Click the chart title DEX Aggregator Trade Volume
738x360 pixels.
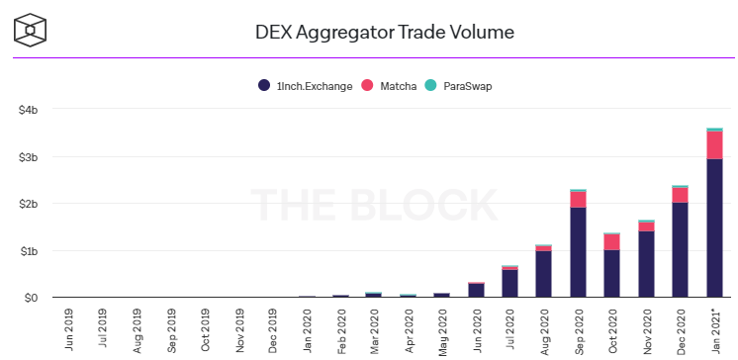coord(384,32)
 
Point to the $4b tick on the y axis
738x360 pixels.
coord(28,110)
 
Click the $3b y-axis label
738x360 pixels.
coord(28,157)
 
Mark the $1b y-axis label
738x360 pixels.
coord(28,251)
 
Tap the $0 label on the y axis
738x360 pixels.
coord(32,298)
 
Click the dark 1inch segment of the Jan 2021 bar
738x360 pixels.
coord(713,227)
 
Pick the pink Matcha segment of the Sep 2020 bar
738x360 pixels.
coord(578,200)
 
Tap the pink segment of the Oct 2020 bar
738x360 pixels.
coord(611,242)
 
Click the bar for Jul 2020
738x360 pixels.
coord(509,282)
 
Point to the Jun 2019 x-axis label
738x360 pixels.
coord(68,330)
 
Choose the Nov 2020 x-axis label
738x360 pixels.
coord(646,330)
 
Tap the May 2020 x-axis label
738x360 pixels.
coord(442,330)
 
